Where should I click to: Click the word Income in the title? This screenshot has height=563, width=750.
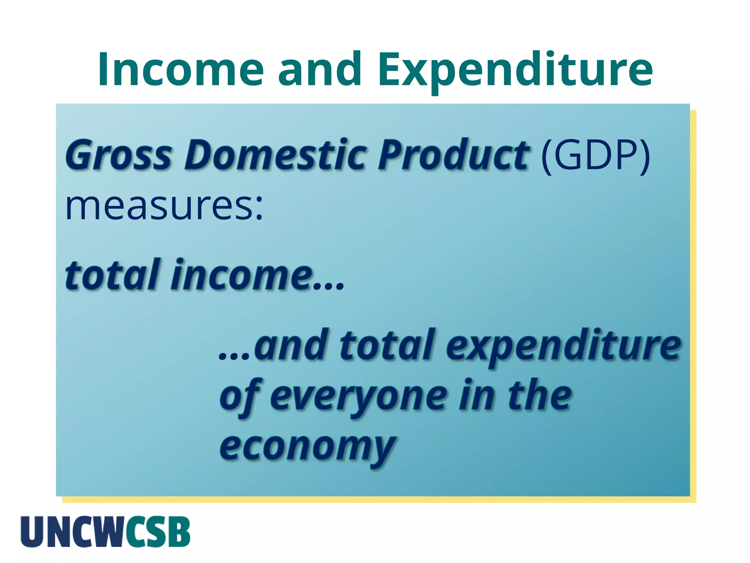click(181, 70)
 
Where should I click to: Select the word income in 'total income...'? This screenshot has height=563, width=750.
click(242, 275)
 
